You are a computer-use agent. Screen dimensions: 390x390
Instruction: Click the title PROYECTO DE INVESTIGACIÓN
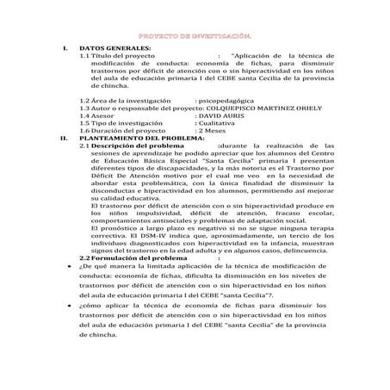tap(195, 38)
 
